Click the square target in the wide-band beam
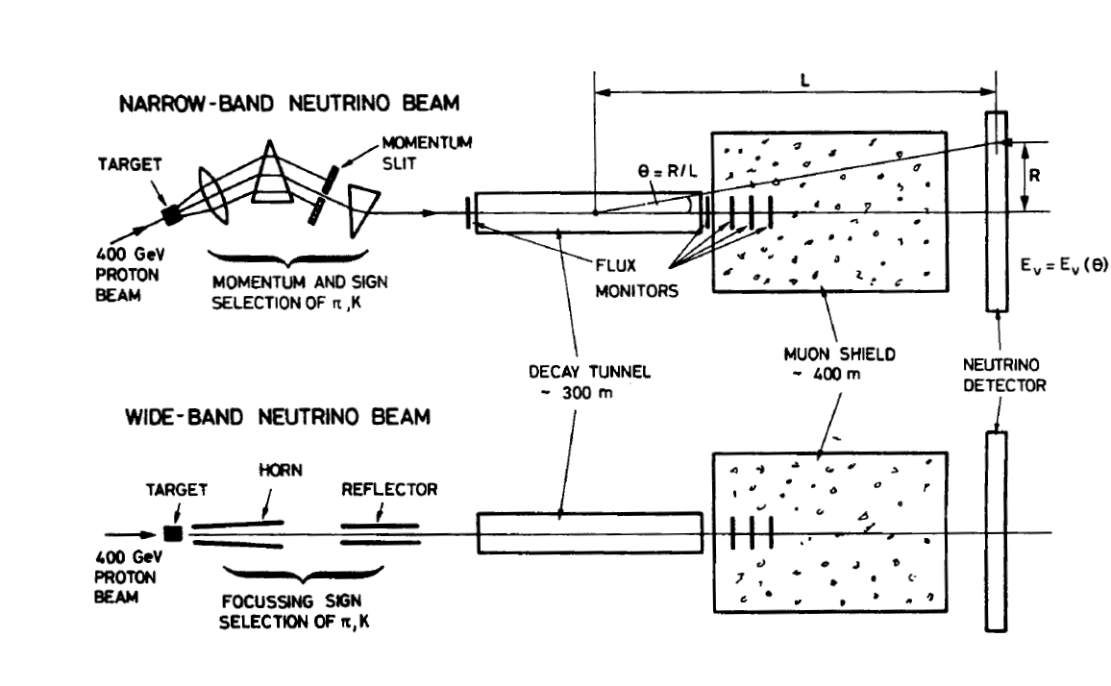(x=173, y=532)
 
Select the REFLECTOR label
(x=389, y=489)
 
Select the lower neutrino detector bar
(x=997, y=531)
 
